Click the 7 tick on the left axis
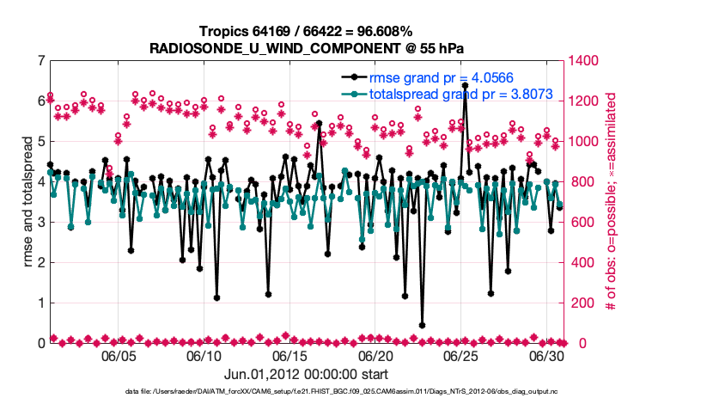40,61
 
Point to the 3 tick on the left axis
40,223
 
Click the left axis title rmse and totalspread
27,202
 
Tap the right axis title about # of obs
612,202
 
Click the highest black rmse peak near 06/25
465,86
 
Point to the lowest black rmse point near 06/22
422,326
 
